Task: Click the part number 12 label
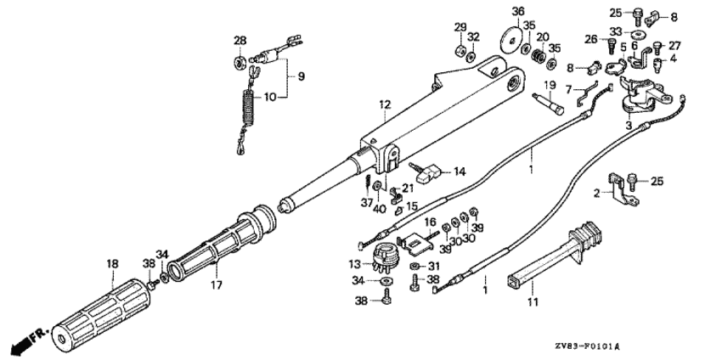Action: (x=385, y=104)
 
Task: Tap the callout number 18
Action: (x=112, y=264)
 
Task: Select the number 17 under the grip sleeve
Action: (x=217, y=285)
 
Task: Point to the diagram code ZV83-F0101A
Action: (x=587, y=346)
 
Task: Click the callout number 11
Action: (x=533, y=301)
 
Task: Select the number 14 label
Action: (x=460, y=172)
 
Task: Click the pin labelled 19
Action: (x=548, y=104)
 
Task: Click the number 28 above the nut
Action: (x=240, y=41)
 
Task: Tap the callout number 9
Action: (x=301, y=76)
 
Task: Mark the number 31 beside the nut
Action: (x=434, y=266)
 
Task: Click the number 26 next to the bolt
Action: (x=592, y=40)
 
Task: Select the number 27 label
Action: (x=674, y=46)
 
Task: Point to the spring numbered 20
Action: (x=538, y=56)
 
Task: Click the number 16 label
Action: (x=430, y=222)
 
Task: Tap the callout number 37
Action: (x=367, y=203)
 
